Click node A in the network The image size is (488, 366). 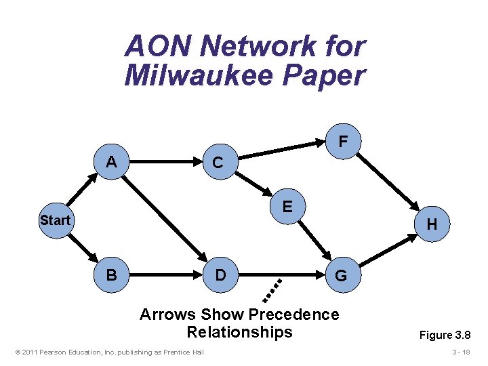click(x=111, y=163)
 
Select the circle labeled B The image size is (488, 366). click(x=111, y=275)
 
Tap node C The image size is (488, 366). click(x=218, y=163)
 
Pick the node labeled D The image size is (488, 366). click(x=220, y=275)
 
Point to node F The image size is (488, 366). click(x=344, y=142)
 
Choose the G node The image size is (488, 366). click(x=340, y=275)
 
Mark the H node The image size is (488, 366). click(x=432, y=224)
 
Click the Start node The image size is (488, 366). click(x=55, y=220)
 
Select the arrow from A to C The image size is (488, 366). click(x=166, y=163)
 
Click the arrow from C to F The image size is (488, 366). click(x=281, y=152)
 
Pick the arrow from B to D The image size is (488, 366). click(x=166, y=275)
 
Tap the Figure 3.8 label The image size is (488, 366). click(x=445, y=335)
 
